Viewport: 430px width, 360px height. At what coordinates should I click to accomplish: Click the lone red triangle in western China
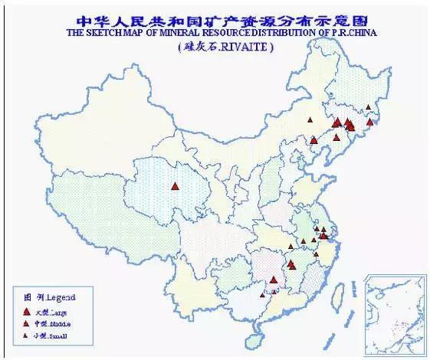coord(176,185)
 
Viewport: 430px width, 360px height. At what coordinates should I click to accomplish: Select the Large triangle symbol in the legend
coord(27,312)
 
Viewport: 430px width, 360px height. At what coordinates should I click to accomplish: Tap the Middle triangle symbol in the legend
coord(27,324)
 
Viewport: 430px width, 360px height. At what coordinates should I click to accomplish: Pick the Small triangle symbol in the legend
coord(27,336)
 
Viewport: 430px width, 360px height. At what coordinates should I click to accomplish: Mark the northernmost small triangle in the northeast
coord(369,107)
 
